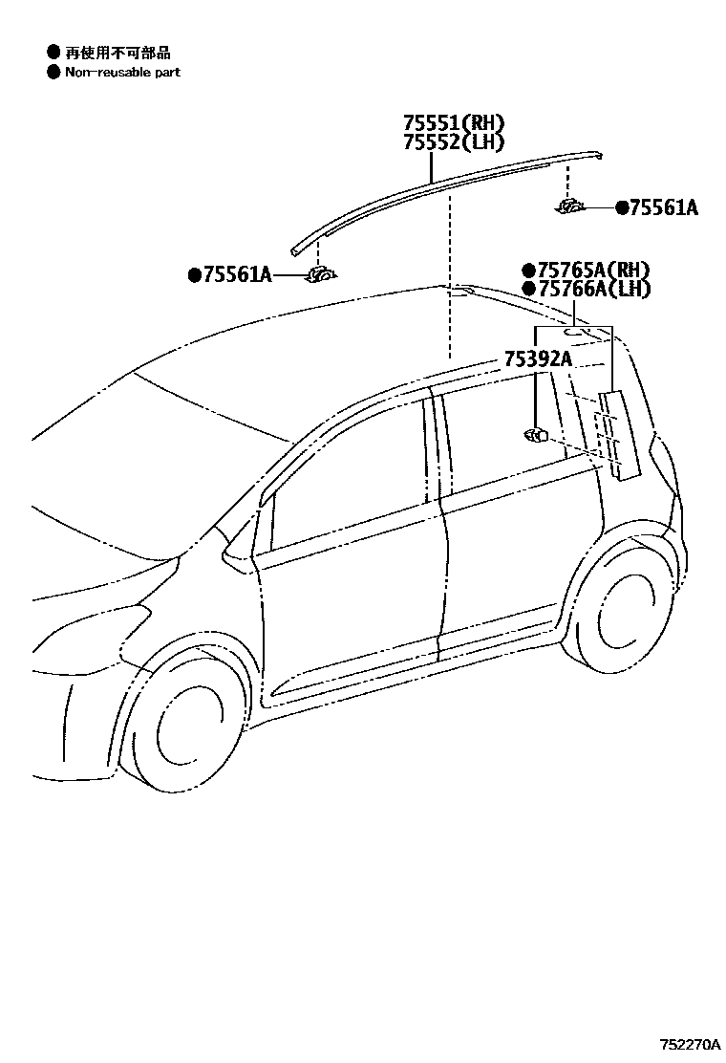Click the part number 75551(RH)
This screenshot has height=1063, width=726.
(452, 123)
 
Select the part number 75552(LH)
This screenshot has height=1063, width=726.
(452, 142)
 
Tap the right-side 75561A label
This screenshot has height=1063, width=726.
(663, 207)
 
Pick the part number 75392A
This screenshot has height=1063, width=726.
(538, 359)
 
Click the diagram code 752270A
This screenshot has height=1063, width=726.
(689, 1044)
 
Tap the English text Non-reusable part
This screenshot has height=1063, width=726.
(122, 72)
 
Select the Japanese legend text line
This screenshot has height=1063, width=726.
(117, 53)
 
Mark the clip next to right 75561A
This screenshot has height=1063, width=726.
(572, 206)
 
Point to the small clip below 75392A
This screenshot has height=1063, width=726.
(535, 435)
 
